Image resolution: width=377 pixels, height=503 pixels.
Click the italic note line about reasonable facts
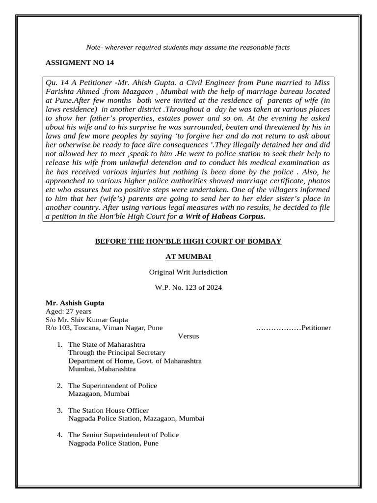(x=188, y=47)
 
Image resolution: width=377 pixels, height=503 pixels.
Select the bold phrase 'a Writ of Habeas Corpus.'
(x=222, y=216)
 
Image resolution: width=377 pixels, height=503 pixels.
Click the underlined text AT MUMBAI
(x=188, y=256)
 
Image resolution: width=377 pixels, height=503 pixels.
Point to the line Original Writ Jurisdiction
(x=188, y=272)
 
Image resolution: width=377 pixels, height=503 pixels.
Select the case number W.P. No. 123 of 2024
(x=188, y=287)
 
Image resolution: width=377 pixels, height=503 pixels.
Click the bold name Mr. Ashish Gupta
(x=75, y=303)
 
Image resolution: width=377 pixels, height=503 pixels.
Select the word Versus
(x=188, y=336)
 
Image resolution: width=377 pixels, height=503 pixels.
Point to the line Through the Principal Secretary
(x=117, y=353)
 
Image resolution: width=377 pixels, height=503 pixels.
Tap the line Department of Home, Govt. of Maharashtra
(x=135, y=361)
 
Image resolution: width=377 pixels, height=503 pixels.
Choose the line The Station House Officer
(x=108, y=410)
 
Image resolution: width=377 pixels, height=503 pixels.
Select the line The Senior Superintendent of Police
(x=124, y=435)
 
